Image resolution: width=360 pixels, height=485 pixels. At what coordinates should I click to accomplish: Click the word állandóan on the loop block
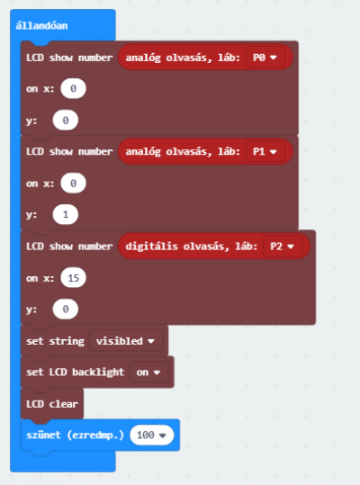pos(41,25)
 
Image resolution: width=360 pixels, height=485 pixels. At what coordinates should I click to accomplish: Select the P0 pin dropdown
pos(265,58)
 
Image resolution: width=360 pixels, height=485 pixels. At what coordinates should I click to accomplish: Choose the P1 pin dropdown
pos(265,151)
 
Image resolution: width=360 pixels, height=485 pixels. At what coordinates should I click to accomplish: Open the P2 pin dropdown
pos(283,247)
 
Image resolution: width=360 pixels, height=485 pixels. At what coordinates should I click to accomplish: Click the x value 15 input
pos(73,278)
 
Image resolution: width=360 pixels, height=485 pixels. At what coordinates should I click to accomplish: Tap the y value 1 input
pos(66,214)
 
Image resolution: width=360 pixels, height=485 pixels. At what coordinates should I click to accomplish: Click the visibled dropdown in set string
pos(125,341)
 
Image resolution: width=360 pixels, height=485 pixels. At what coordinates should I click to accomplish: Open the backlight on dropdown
pos(148,373)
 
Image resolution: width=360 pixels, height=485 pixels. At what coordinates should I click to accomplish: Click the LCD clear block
pos(52,404)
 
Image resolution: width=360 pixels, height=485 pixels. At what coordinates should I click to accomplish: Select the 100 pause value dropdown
pos(151,435)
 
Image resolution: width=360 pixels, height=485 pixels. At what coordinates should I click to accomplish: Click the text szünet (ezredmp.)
pos(76,435)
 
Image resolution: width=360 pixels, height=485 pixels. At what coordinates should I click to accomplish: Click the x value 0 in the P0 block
pos(73,88)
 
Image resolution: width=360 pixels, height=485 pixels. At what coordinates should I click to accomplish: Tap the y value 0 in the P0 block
pos(66,120)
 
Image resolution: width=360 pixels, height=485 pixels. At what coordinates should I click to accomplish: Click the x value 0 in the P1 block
pos(73,184)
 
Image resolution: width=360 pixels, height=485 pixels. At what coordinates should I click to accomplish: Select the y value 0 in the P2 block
pos(66,309)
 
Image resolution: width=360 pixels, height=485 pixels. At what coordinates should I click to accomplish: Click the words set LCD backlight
pos(76,373)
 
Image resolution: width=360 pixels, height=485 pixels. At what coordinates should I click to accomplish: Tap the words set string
pos(55,341)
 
